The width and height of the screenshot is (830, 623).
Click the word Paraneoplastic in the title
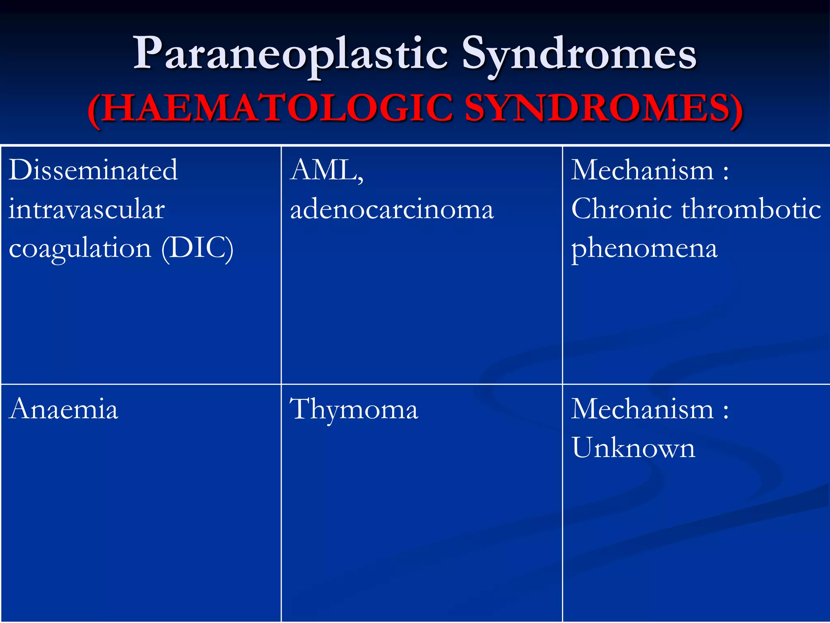[291, 55]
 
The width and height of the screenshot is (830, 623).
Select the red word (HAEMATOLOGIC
[270, 109]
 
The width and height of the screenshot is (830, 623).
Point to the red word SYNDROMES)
[603, 109]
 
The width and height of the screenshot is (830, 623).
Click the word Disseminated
[93, 170]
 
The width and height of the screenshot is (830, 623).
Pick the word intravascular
[87, 209]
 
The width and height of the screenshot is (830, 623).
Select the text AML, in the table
[327, 171]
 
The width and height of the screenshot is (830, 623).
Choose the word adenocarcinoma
[392, 210]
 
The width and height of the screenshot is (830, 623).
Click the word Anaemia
[64, 409]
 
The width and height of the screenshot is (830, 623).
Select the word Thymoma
[354, 410]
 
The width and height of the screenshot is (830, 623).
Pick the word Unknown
[633, 448]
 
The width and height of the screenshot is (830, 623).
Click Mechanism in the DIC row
[642, 170]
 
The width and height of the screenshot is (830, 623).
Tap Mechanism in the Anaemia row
[642, 409]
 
